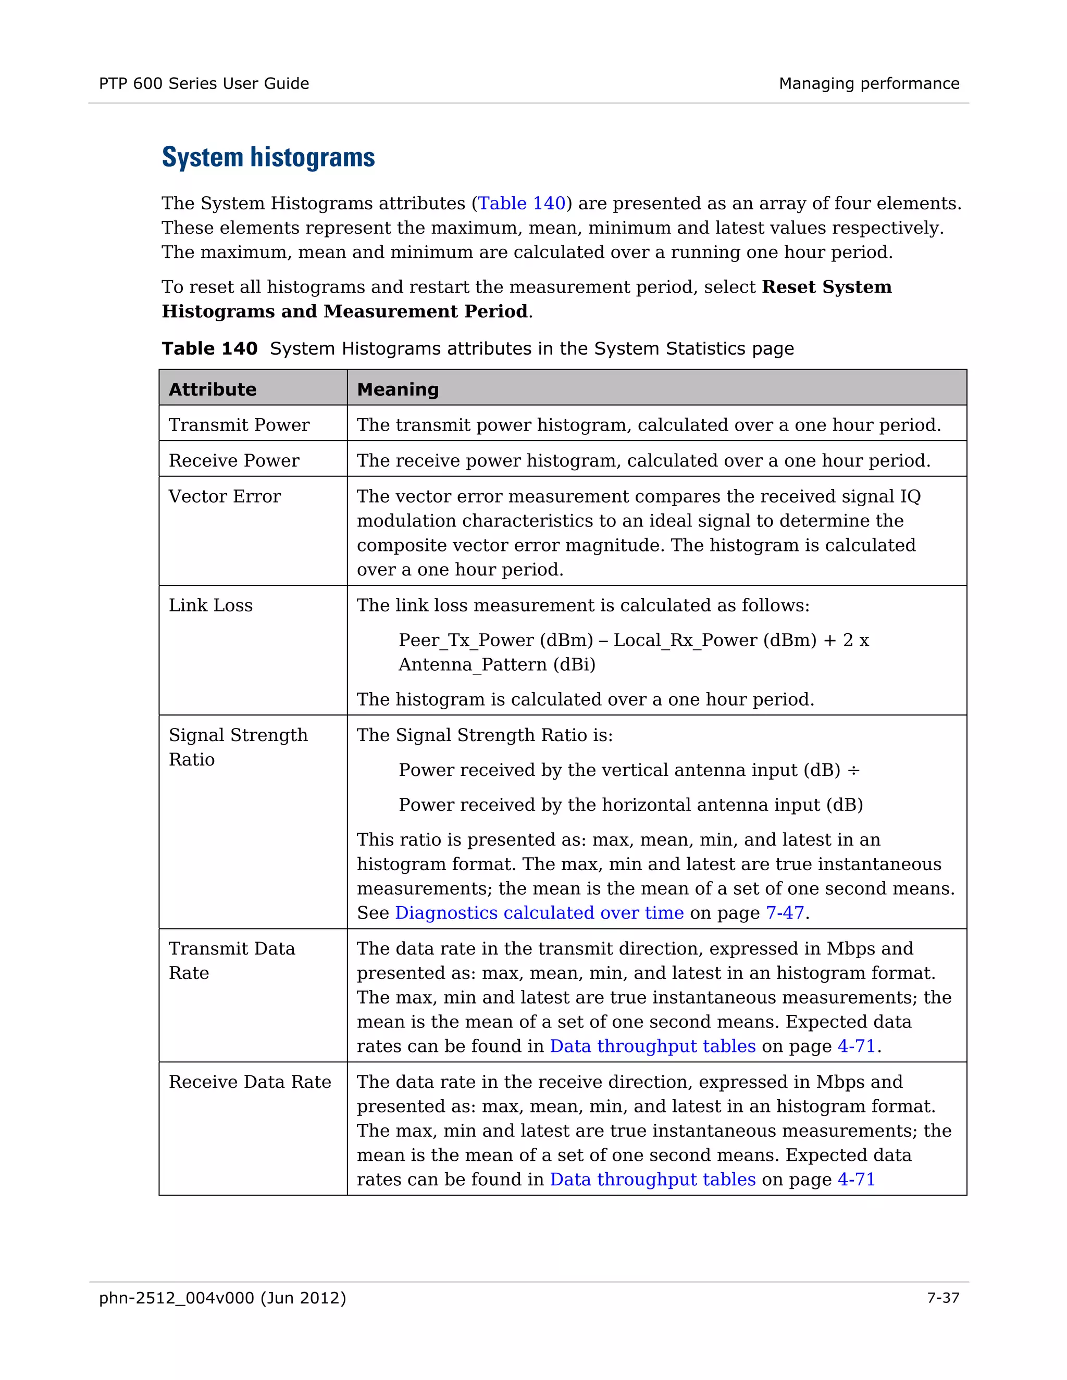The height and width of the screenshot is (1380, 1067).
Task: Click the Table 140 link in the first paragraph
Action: (522, 204)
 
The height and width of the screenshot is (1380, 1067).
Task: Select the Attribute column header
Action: (213, 389)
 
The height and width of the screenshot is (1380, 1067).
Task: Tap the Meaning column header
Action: (398, 389)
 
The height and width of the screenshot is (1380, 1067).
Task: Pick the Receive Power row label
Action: (234, 461)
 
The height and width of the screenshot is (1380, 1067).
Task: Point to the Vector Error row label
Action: (225, 497)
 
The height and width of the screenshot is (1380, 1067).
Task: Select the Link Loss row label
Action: (210, 605)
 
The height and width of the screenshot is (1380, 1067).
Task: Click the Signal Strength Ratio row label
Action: (238, 747)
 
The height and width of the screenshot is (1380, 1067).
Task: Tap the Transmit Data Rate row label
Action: (231, 960)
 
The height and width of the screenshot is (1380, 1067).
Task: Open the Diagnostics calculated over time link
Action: (539, 913)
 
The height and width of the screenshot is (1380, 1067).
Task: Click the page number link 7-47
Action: (785, 913)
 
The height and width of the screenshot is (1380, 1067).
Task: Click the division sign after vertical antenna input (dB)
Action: (853, 770)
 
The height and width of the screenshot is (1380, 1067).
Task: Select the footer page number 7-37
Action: (942, 1298)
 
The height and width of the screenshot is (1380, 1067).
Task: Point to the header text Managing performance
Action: (869, 83)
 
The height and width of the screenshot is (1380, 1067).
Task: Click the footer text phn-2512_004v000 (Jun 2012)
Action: (222, 1298)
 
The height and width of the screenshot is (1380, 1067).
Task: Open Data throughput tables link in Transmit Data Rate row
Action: (652, 1046)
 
